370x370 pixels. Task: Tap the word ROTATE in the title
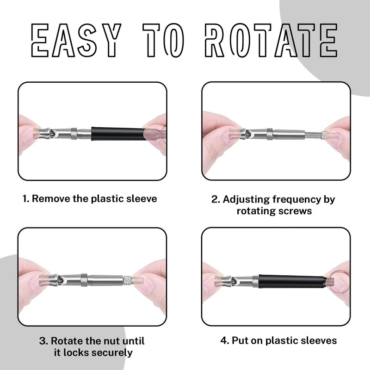tap(271, 40)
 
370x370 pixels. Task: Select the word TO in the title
tap(163, 40)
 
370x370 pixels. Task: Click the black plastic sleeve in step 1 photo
tap(118, 134)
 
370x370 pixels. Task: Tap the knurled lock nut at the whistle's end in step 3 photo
tap(128, 280)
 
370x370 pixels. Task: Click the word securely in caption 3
tap(112, 353)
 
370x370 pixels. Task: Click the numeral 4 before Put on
tap(223, 340)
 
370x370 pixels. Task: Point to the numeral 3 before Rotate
tap(42, 341)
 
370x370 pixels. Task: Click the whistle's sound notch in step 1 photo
tap(55, 134)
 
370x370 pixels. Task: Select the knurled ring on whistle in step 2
tap(270, 134)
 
